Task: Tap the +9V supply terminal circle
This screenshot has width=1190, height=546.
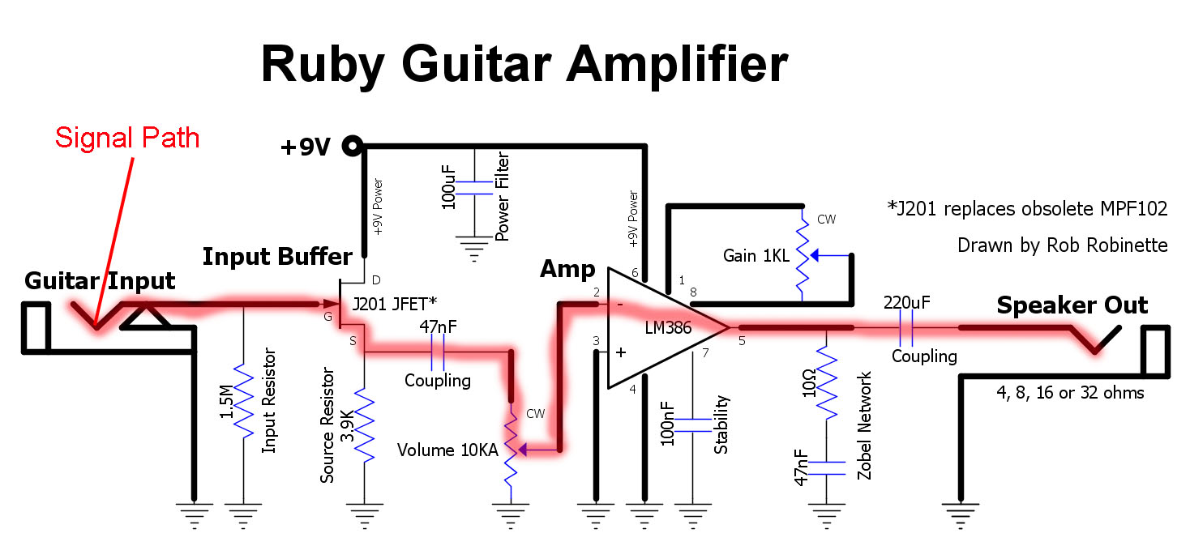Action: [353, 146]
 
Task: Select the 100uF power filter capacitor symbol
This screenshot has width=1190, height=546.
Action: [474, 188]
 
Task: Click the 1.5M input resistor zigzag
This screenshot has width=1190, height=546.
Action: [243, 401]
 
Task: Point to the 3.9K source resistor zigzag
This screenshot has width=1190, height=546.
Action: [365, 425]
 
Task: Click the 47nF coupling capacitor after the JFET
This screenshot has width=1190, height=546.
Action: [438, 352]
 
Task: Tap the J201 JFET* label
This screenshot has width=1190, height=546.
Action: [395, 304]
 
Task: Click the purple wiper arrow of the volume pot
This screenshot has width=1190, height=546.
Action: [537, 450]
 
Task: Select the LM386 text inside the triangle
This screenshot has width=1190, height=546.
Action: [668, 328]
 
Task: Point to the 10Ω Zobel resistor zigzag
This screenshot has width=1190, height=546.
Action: [827, 382]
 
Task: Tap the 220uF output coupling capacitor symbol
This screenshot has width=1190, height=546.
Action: [906, 328]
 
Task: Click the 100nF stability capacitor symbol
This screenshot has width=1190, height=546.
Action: [693, 425]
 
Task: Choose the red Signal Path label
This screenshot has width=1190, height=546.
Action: [127, 138]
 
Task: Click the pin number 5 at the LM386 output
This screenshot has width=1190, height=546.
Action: [743, 341]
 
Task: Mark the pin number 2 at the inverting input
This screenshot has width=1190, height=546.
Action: [597, 292]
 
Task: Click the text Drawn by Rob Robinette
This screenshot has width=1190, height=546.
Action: [1063, 245]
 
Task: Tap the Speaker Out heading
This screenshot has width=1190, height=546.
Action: [1072, 305]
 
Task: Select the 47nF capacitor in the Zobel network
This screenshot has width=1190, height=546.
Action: [827, 468]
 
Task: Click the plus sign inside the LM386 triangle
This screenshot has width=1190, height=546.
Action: [620, 352]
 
